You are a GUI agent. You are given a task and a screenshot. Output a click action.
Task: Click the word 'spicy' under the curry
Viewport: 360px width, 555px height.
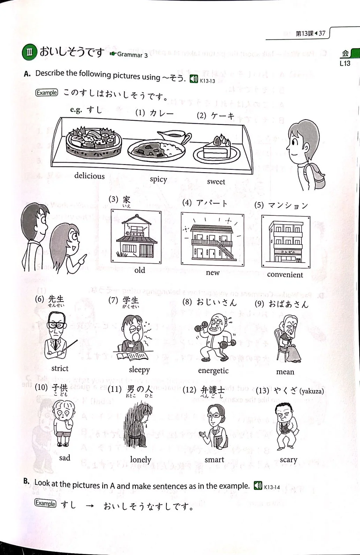(x=158, y=179)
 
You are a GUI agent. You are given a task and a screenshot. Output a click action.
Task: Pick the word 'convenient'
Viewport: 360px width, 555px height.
(x=285, y=275)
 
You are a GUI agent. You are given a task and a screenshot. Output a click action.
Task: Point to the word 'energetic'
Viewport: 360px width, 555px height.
(x=213, y=371)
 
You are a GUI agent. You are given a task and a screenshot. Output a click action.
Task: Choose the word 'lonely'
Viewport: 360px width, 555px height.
(x=141, y=460)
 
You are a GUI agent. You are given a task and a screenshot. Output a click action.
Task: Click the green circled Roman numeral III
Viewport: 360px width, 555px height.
(x=30, y=53)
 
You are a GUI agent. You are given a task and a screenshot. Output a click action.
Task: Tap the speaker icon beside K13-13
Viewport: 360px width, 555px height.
(x=194, y=79)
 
